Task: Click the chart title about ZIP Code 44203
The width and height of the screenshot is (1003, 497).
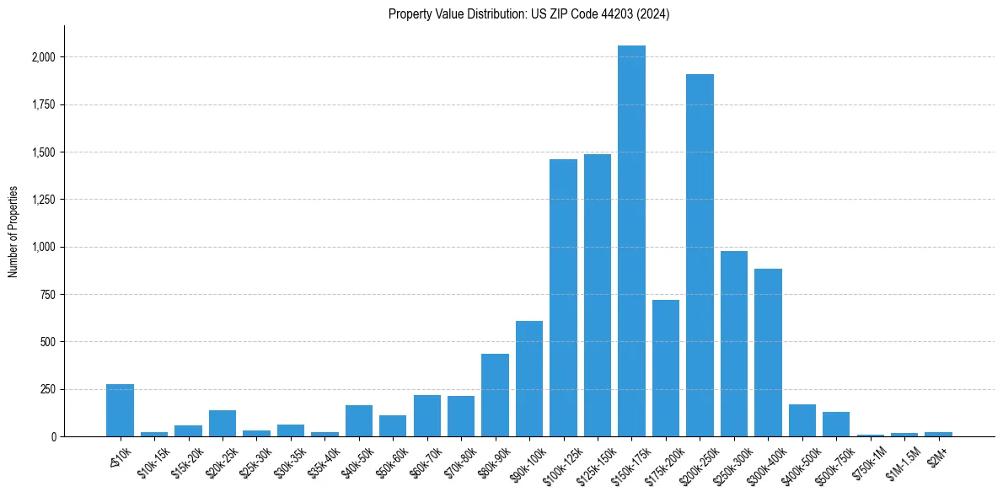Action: (528, 14)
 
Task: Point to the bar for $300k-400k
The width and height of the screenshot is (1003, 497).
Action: (768, 353)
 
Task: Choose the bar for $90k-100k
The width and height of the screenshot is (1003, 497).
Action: (528, 379)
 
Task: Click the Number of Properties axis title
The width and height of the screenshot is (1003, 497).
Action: (13, 231)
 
